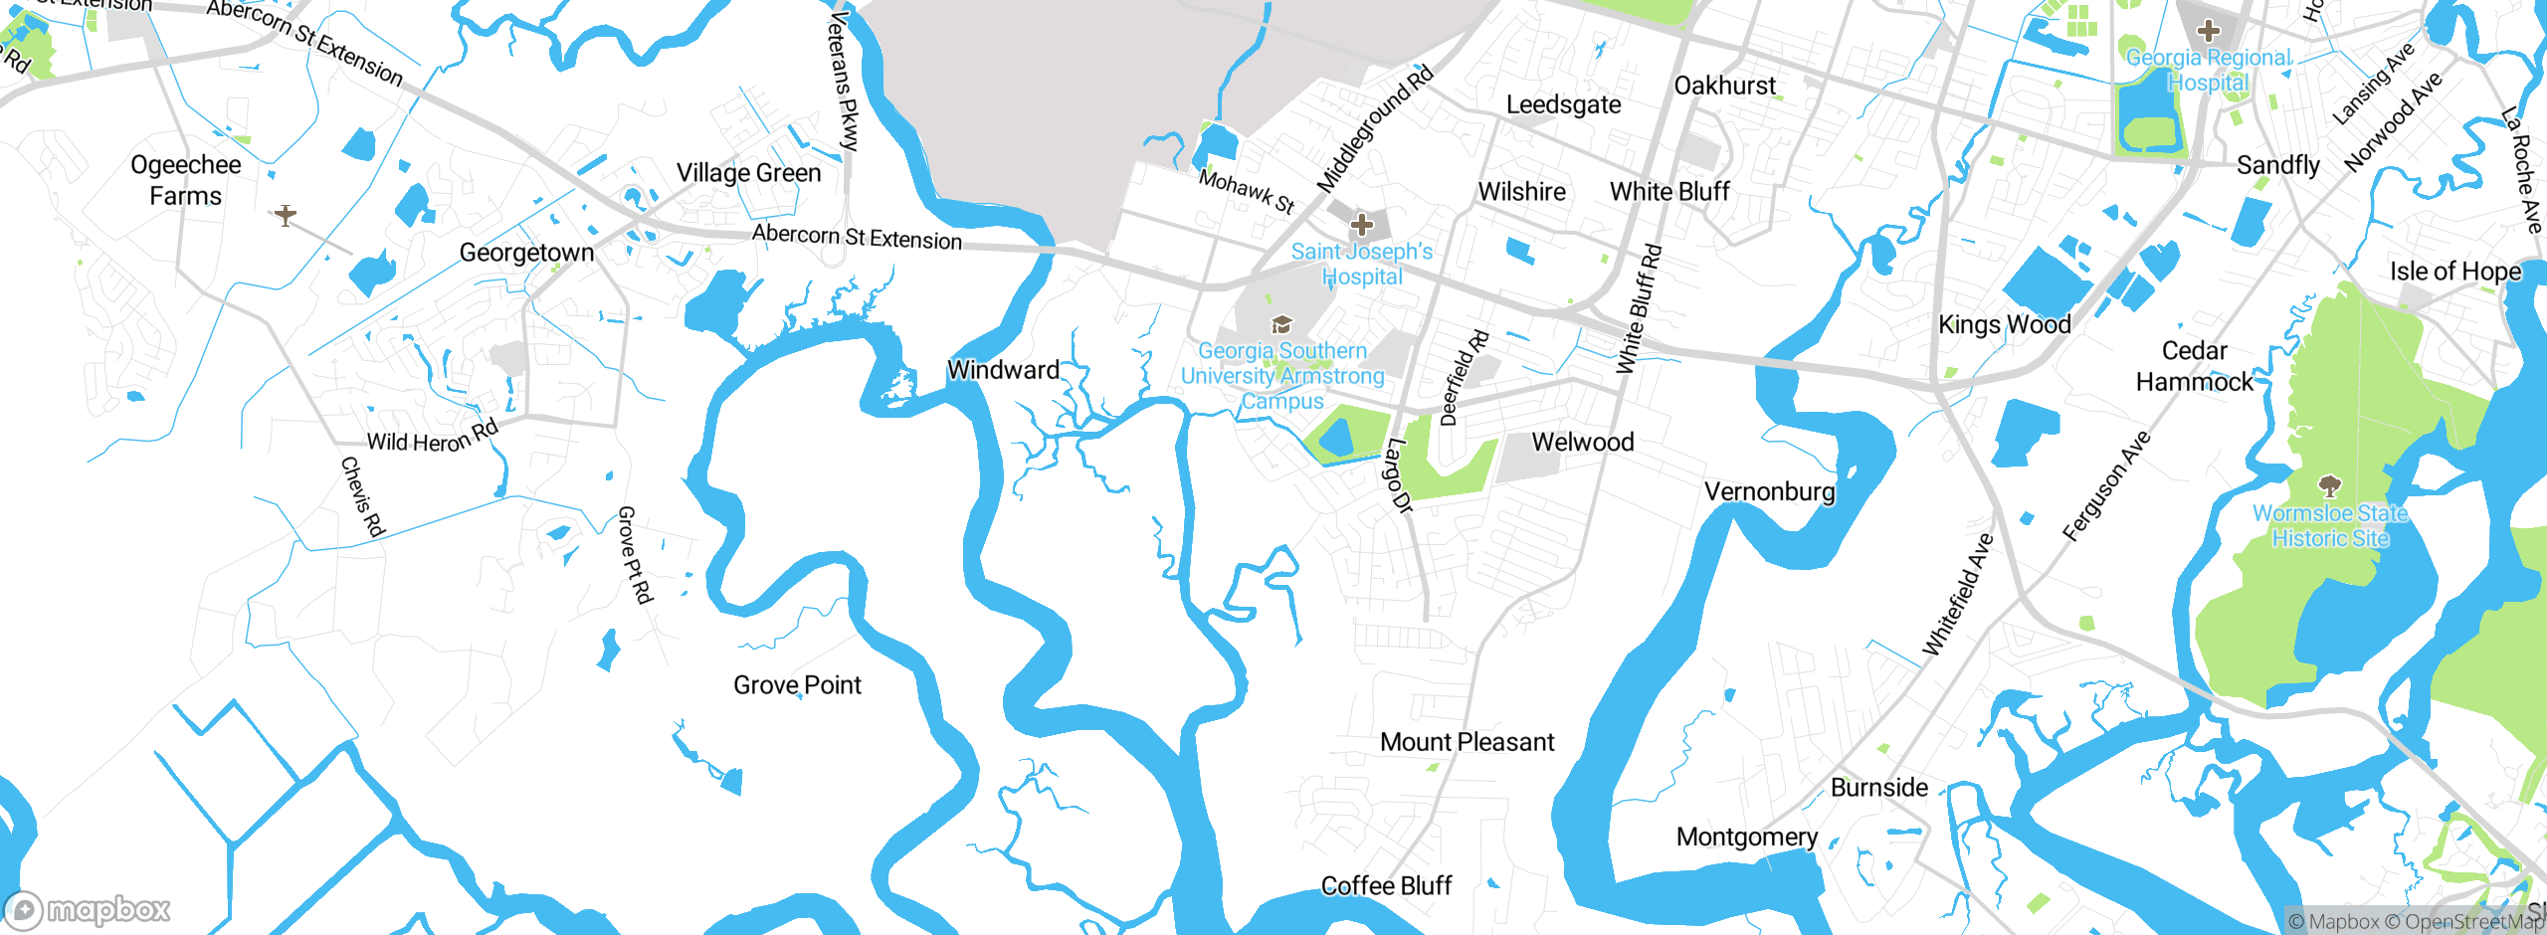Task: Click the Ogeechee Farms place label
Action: [x=186, y=180]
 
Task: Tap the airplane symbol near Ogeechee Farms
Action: [x=286, y=215]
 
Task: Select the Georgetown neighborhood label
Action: [x=526, y=253]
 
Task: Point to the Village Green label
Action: [x=749, y=173]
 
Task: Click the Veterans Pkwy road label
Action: [x=843, y=81]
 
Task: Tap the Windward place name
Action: [x=1003, y=370]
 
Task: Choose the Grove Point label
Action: [x=797, y=685]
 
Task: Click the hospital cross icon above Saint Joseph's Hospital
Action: [x=1362, y=225]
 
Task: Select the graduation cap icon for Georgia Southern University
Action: [x=1282, y=324]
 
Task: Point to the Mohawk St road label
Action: [x=1247, y=191]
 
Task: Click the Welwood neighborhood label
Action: [x=1582, y=443]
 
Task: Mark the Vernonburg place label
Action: [x=1769, y=492]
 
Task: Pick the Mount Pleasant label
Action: [x=1467, y=742]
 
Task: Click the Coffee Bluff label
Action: [x=1386, y=886]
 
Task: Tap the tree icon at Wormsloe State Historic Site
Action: [x=2329, y=486]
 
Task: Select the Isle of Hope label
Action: [x=2455, y=272]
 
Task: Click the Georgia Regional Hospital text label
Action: [x=2208, y=71]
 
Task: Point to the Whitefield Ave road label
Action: [x=1957, y=595]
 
